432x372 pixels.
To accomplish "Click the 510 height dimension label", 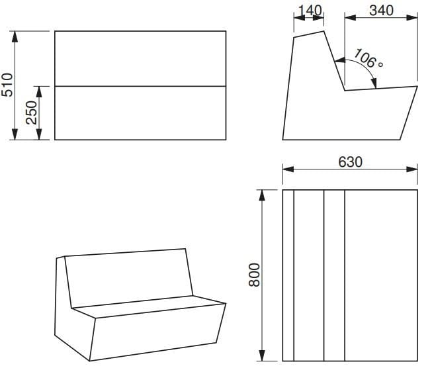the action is coord(7,85).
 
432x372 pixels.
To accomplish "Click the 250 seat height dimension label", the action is coord(31,113).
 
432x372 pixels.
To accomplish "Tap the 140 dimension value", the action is coord(310,11).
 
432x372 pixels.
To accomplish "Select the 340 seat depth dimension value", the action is coord(381,11).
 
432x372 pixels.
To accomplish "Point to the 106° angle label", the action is coord(368,58).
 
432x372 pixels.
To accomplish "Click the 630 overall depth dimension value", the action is coord(350,162).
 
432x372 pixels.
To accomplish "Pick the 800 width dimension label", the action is coord(254,275).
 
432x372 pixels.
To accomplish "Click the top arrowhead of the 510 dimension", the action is coord(15,36).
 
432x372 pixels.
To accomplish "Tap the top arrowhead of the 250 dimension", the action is coord(39,92).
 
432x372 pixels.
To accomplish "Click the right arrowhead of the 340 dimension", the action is coord(412,18).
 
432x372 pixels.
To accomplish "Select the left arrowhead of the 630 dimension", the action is coord(288,169).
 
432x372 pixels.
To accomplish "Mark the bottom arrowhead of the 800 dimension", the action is coord(262,355).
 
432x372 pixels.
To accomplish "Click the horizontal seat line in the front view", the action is coord(140,86).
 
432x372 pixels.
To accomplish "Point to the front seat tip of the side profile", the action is coord(417,86).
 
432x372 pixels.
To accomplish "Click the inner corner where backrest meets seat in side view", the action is coord(345,90).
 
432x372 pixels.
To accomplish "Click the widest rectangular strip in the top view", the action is coord(381,275).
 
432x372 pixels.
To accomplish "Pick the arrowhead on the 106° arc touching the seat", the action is coord(374,83).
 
